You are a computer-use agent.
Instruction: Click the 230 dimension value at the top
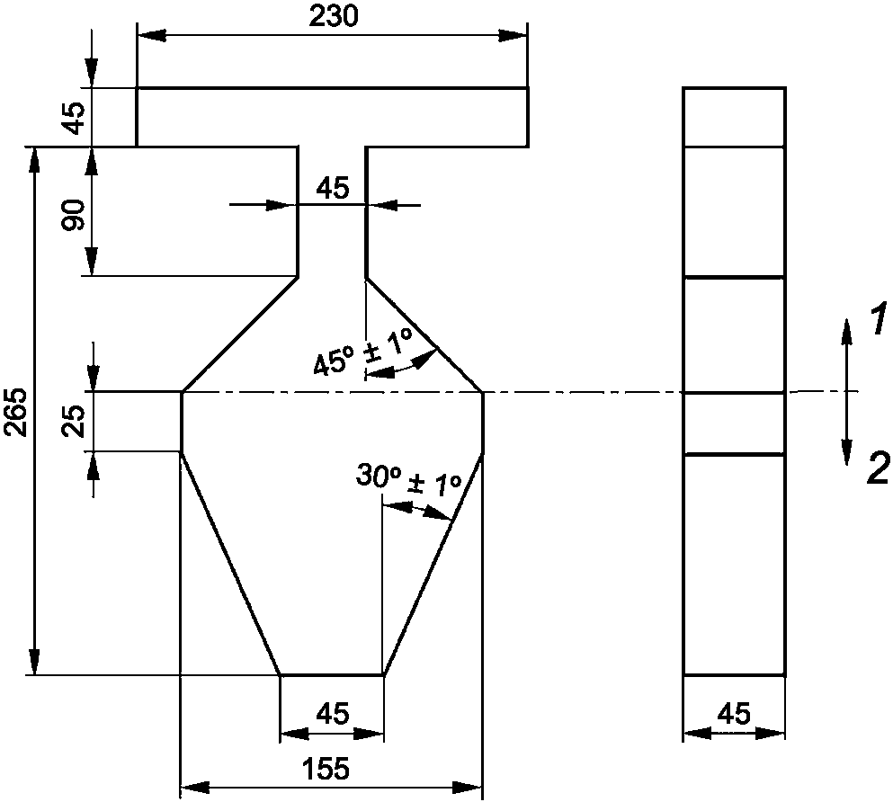pyautogui.click(x=334, y=16)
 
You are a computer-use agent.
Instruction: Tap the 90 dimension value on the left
pyautogui.click(x=74, y=215)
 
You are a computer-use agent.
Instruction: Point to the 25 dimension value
pyautogui.click(x=74, y=421)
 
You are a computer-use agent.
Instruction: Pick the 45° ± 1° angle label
pyautogui.click(x=362, y=352)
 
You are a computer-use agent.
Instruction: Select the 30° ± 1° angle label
pyautogui.click(x=408, y=479)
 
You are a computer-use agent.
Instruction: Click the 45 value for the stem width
pyautogui.click(x=333, y=188)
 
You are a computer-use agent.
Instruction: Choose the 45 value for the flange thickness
pyautogui.click(x=74, y=118)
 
